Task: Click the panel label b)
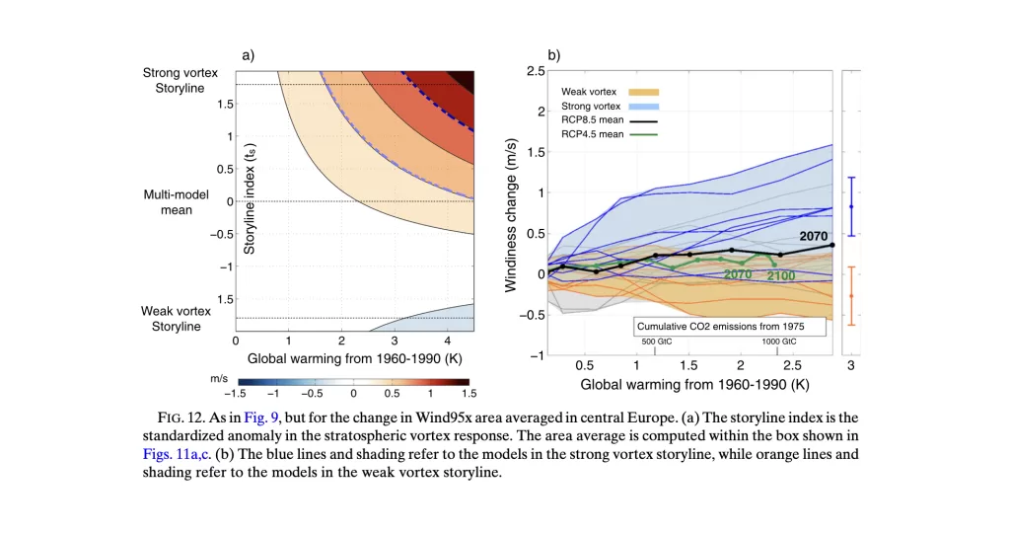tap(553, 55)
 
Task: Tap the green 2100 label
tap(783, 275)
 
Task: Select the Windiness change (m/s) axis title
tap(512, 213)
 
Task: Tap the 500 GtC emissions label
tap(656, 342)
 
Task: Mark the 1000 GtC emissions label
tap(780, 342)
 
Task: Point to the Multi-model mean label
tap(169, 202)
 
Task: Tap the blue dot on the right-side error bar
tap(851, 206)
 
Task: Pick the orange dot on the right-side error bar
tap(851, 295)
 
